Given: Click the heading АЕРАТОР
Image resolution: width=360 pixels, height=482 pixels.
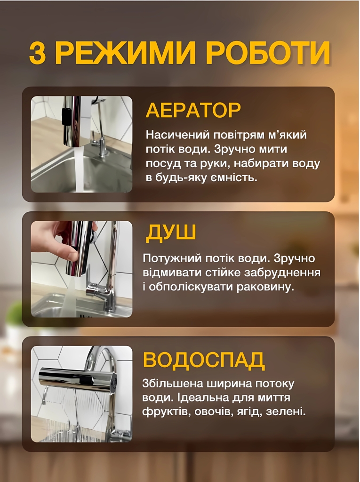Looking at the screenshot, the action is tap(193, 110).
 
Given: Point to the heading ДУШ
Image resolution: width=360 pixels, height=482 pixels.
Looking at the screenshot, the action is tap(170, 233).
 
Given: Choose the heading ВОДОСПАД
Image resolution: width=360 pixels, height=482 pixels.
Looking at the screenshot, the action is tap(203, 359).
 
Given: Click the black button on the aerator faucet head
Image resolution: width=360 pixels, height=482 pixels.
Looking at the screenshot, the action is tap(64, 116).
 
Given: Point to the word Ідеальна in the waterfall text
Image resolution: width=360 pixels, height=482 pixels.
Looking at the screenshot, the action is tap(200, 398).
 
